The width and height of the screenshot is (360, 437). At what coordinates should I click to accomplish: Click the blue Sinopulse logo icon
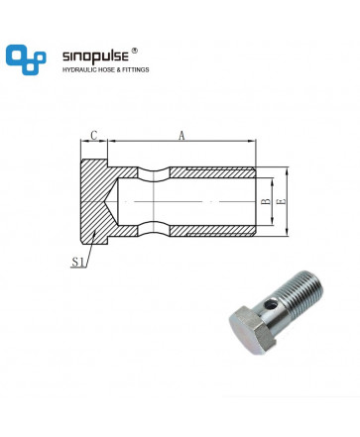click(26, 59)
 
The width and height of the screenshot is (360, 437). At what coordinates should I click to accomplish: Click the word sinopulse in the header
click(95, 56)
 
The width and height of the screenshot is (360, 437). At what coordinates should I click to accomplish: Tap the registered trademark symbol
click(134, 51)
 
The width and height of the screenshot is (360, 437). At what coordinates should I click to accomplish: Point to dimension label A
click(181, 136)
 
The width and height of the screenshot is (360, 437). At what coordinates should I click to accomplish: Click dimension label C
click(94, 136)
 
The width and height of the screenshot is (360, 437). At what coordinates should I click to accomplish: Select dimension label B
click(266, 201)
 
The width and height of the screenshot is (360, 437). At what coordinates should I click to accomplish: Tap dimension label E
click(281, 201)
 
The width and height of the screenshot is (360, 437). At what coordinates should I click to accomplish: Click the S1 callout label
click(77, 263)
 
